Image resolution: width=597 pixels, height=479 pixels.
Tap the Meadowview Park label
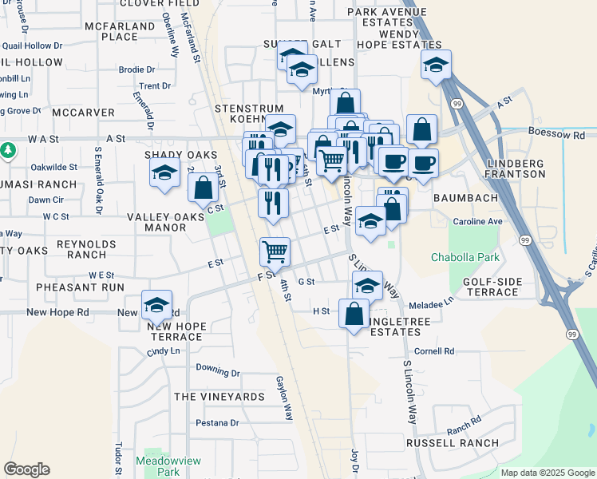coord(157,466)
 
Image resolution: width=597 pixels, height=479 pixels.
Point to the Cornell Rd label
coord(434,350)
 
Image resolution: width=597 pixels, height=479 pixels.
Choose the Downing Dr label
coord(218,371)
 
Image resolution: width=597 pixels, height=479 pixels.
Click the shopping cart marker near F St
coord(275,251)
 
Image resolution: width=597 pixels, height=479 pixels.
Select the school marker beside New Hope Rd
coord(156,304)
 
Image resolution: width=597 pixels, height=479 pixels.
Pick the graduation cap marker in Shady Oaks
coord(164,172)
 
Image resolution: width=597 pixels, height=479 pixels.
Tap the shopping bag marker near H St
coord(354,313)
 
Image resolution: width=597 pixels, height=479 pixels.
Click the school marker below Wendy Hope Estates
coord(436,65)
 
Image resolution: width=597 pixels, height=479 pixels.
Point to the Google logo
coord(26,469)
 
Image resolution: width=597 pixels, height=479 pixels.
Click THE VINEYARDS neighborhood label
coord(219,397)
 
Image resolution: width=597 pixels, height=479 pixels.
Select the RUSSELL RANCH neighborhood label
coord(453,442)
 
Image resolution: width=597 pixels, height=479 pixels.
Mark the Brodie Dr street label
coord(136,69)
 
